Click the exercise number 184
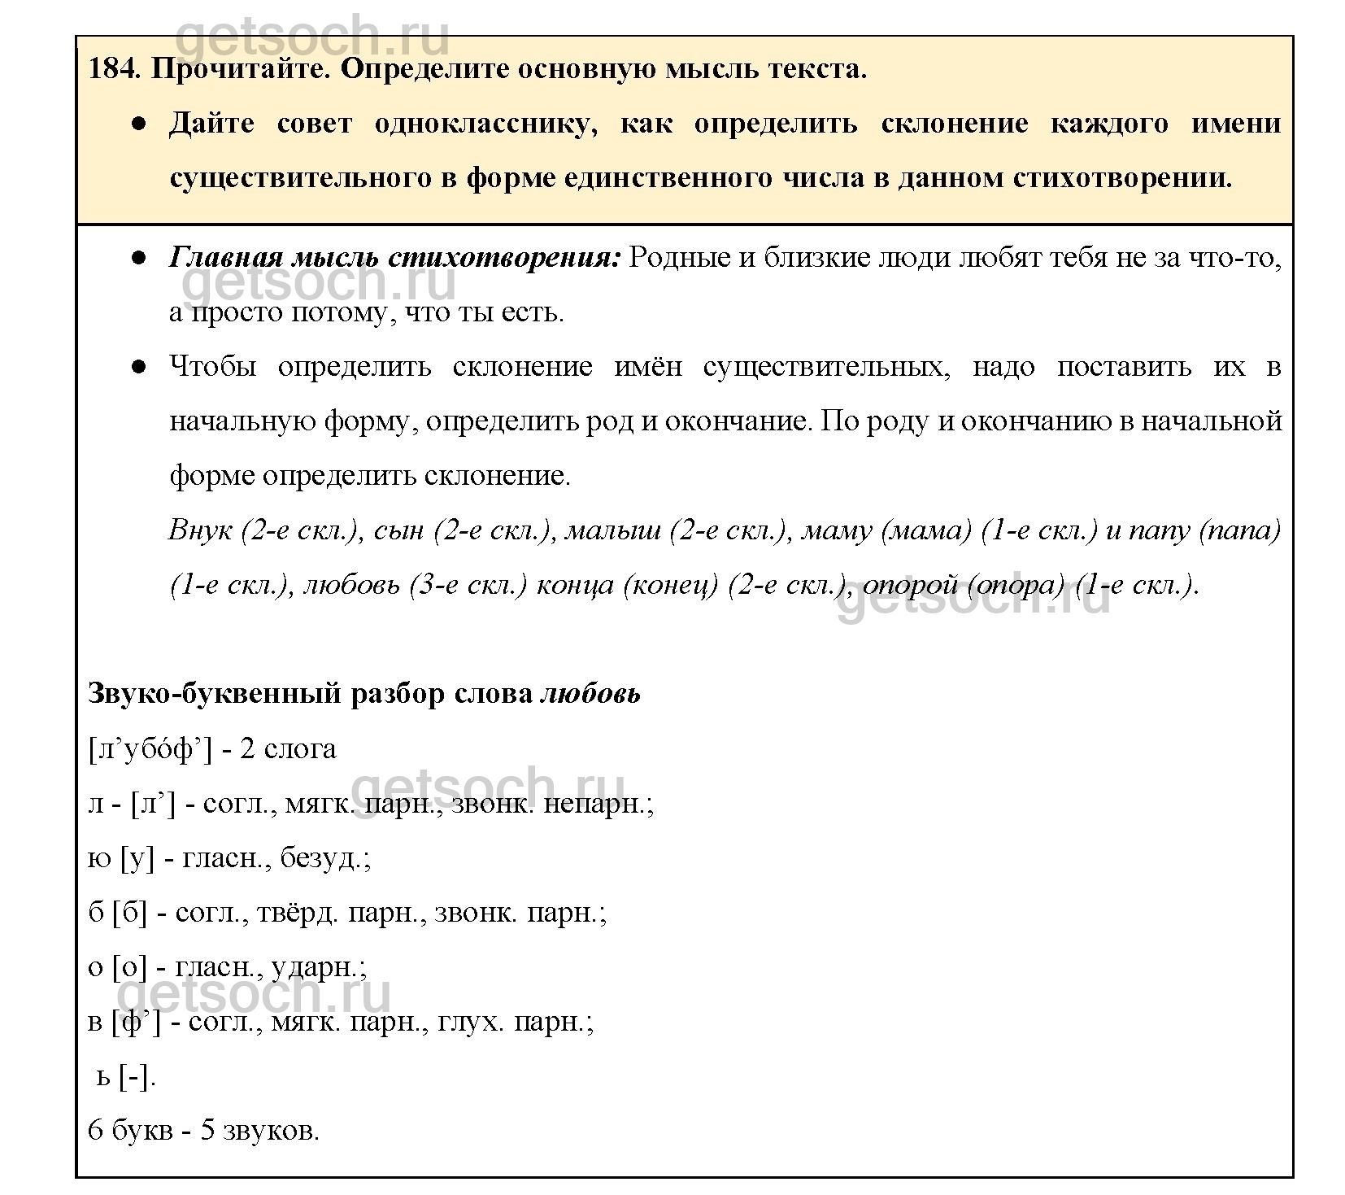coord(114,69)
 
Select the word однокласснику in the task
coord(485,124)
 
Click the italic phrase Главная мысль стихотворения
coord(394,259)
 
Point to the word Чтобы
coord(212,367)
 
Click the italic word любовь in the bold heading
coord(590,694)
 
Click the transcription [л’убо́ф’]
coord(149,749)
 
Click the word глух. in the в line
coord(470,1022)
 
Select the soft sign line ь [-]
coord(125,1077)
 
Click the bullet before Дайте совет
coord(140,124)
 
